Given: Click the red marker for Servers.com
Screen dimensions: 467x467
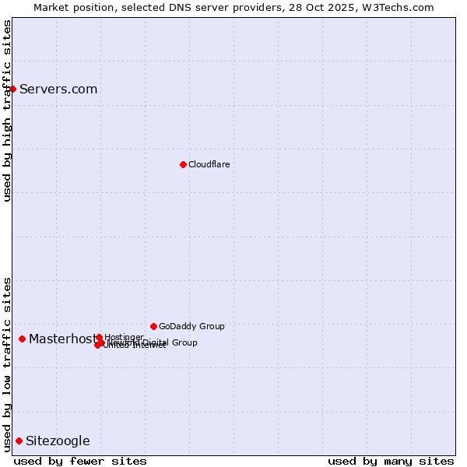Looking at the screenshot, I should coord(12,89).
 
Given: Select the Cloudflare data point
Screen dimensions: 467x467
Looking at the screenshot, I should coord(183,164).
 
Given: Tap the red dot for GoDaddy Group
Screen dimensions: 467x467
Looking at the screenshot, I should coord(153,326).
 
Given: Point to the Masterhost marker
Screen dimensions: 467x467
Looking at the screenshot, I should coord(22,339).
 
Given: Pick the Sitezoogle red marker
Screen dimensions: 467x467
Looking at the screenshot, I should coord(19,441).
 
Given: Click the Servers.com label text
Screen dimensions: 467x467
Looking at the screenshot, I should coord(58,89).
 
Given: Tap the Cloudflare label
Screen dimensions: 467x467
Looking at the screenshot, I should coord(209,164).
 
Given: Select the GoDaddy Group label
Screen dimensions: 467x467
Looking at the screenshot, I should coord(191,326).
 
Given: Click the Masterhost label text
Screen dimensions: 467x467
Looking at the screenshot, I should coord(62,339).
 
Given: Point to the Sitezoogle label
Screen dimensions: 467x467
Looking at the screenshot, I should coord(58,441).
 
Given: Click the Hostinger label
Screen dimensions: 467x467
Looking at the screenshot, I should coord(124,337).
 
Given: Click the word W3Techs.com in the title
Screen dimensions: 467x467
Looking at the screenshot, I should coord(401,7).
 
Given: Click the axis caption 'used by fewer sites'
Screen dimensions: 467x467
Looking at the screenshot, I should coord(80,462).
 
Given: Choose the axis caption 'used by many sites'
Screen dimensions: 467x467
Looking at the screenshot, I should coord(391,462).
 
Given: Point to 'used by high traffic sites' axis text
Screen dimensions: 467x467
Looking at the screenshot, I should coord(7,111).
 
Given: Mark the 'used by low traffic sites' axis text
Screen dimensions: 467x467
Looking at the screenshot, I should coord(7,363).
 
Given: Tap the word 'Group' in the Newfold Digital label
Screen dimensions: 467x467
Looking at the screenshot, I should coord(184,342).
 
